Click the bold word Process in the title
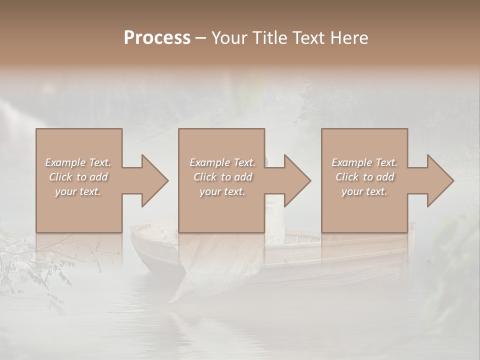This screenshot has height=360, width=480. click(x=157, y=38)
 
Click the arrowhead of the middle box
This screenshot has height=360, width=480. click(x=296, y=181)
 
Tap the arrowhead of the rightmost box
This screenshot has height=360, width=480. click(x=439, y=181)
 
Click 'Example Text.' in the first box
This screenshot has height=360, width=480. click(x=78, y=162)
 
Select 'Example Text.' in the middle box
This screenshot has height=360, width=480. click(x=222, y=162)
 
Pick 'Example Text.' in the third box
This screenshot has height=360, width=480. click(x=364, y=162)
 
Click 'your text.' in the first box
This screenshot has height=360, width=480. click(x=78, y=191)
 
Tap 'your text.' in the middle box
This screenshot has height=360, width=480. click(x=222, y=191)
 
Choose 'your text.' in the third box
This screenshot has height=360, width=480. click(x=364, y=191)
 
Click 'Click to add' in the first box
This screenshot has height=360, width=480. click(x=78, y=177)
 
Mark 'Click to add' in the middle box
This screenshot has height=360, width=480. click(x=222, y=177)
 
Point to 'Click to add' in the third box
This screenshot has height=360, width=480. click(x=364, y=177)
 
